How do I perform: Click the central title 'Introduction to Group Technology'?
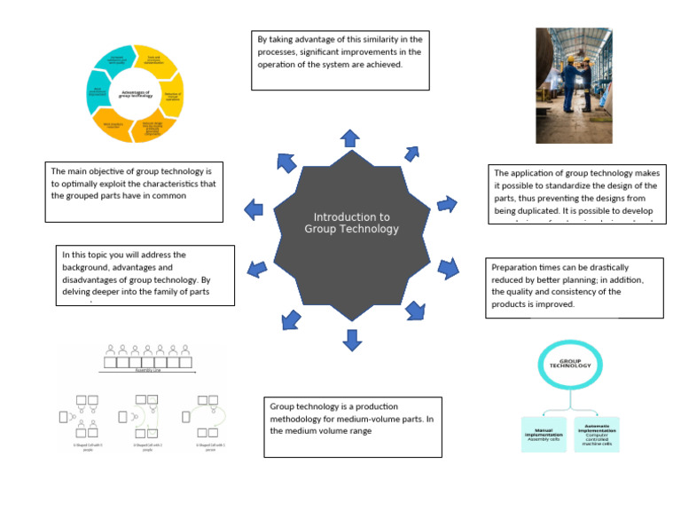click(351, 223)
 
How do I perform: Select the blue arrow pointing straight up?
click(350, 137)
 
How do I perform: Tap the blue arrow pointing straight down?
click(352, 339)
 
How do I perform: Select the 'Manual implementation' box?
click(543, 435)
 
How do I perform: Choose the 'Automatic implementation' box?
click(596, 435)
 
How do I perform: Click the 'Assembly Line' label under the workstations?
click(147, 371)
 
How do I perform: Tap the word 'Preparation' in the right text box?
click(519, 266)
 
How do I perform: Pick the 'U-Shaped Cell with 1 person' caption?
click(204, 447)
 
